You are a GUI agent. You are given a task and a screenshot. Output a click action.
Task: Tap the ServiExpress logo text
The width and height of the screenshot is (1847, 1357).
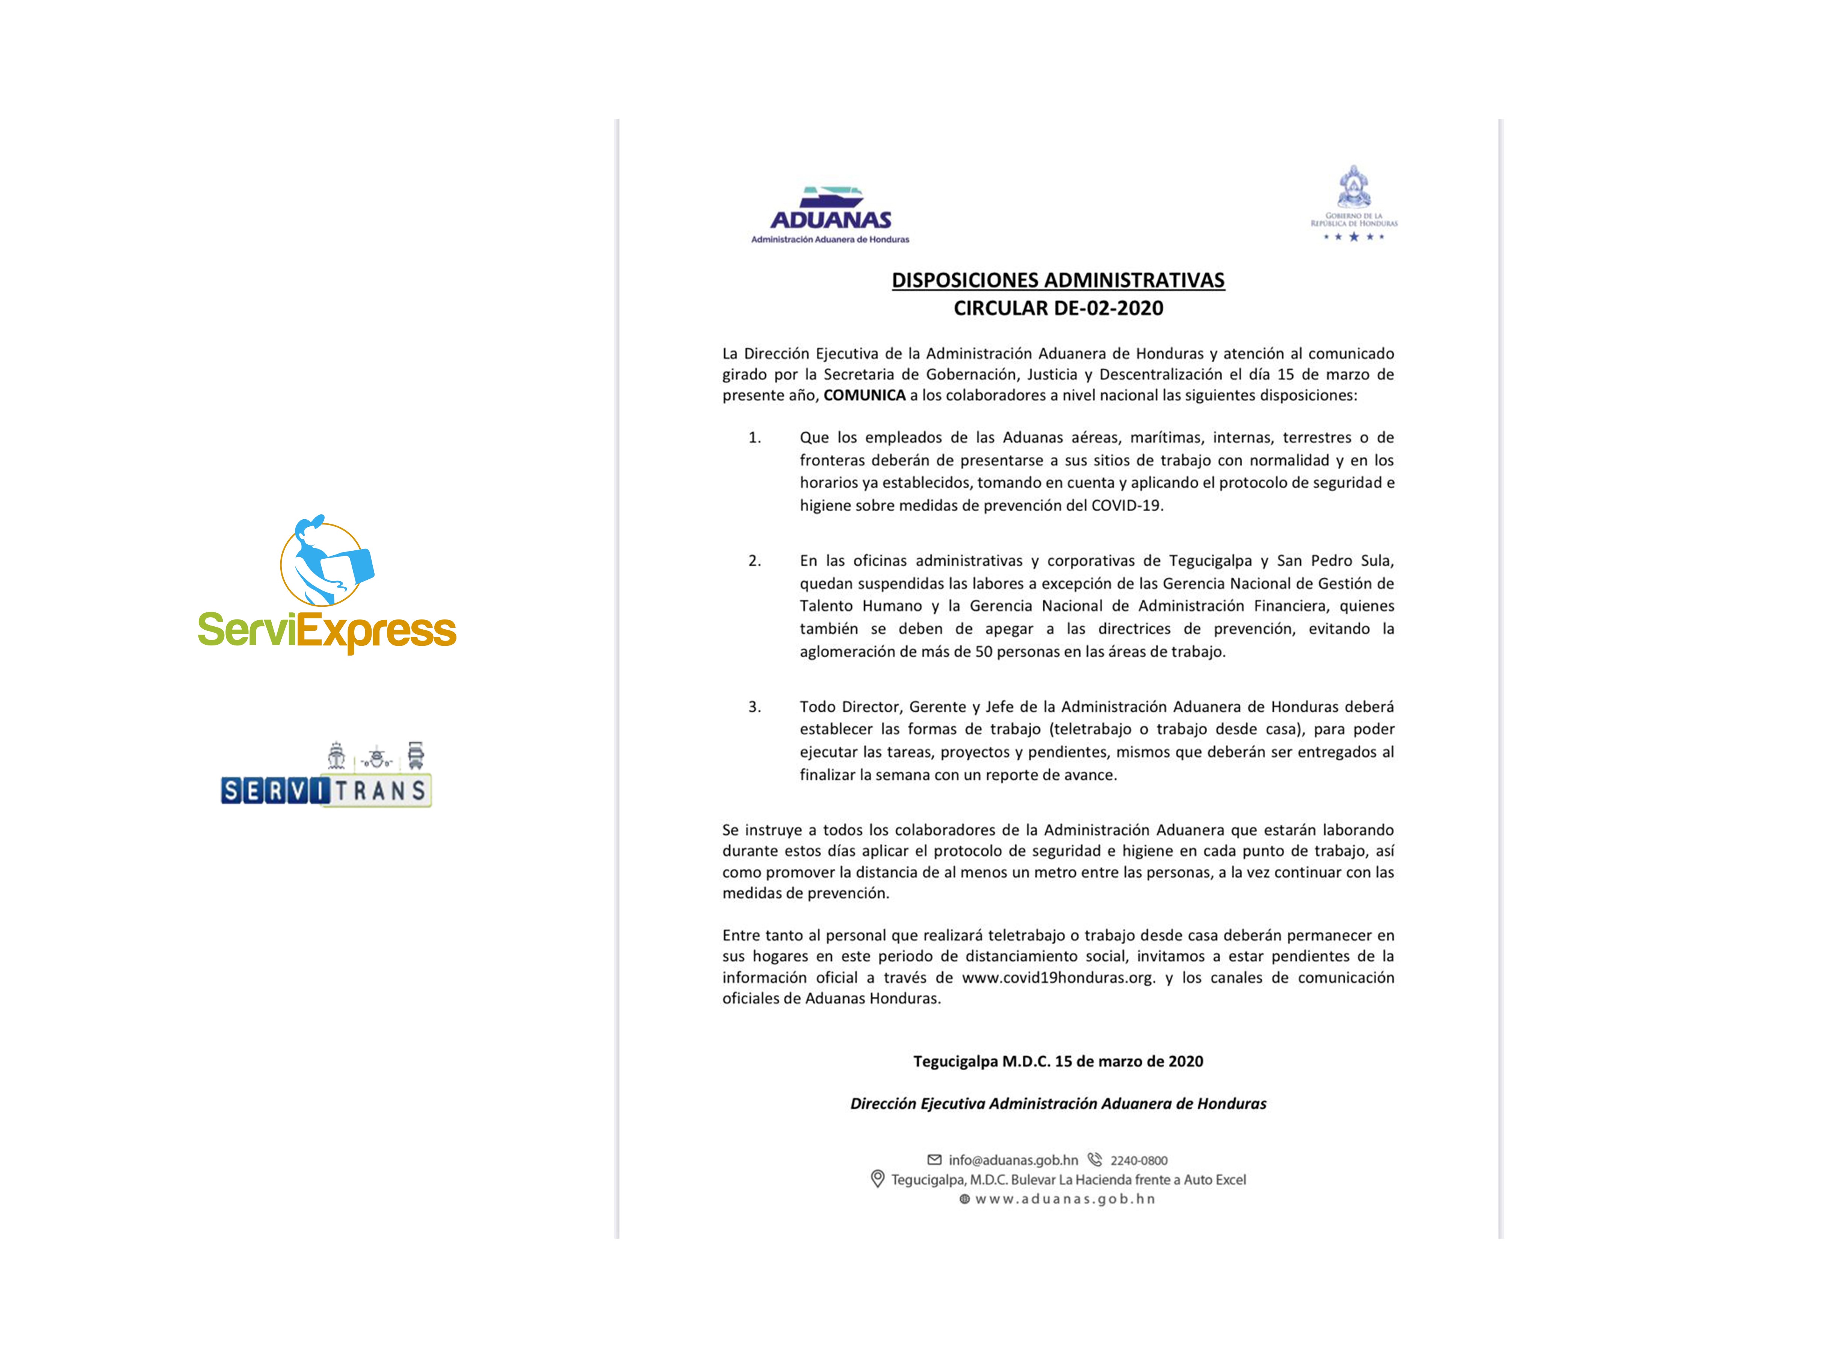327,631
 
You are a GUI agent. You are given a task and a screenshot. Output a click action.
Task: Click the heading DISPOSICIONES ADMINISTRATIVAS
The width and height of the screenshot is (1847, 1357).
1058,280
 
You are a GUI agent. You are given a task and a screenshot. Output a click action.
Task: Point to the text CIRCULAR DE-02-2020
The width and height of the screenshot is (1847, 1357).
1058,308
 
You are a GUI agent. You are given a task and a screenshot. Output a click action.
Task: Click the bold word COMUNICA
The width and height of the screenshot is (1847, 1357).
864,395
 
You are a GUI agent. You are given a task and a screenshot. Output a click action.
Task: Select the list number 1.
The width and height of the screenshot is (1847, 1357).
754,438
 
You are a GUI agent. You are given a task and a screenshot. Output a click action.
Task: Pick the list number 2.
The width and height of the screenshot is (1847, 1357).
754,561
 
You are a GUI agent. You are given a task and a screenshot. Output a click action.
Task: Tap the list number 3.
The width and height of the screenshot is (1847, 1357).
754,706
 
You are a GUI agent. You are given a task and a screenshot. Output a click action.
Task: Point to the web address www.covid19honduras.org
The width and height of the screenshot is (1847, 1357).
1058,978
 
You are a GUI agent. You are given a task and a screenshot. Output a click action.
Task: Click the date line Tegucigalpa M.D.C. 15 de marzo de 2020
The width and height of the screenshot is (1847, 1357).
1058,1061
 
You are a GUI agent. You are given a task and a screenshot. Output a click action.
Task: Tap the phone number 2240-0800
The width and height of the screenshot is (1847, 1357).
1138,1161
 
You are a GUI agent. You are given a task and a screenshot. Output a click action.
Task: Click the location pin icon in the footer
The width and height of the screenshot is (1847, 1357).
877,1179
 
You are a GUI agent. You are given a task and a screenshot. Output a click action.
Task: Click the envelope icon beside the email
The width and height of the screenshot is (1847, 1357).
934,1160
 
